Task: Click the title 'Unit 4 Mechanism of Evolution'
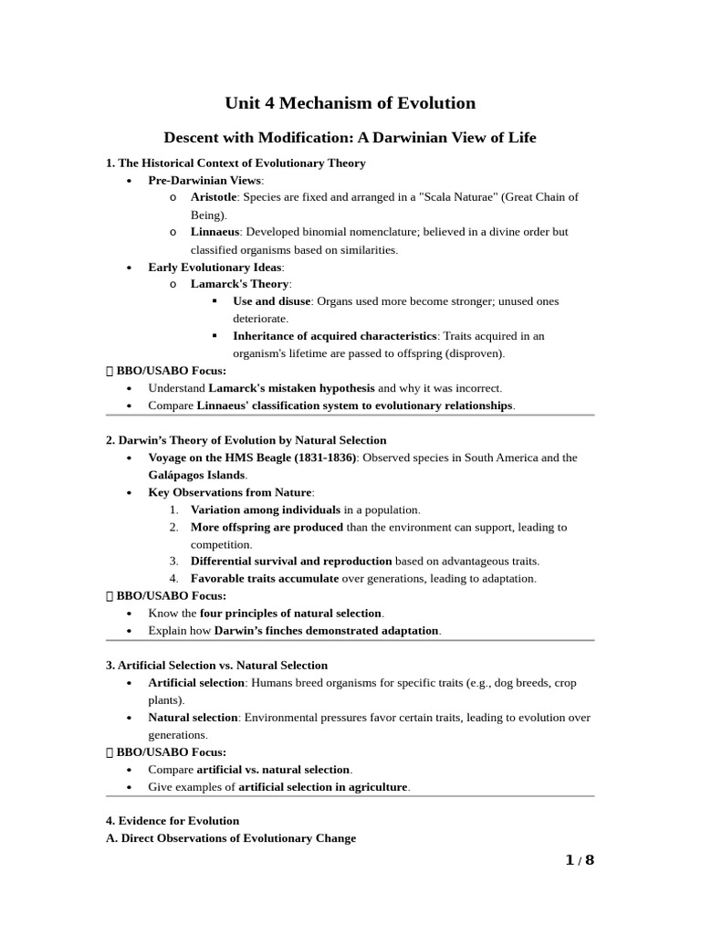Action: pos(350,103)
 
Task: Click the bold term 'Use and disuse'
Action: pos(272,301)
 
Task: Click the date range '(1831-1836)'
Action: pos(325,457)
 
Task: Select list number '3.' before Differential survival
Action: pos(173,561)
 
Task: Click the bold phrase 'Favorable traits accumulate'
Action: pos(264,578)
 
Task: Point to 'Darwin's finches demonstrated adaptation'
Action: pos(327,631)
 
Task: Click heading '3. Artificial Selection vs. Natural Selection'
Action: pos(217,666)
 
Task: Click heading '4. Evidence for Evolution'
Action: pos(173,821)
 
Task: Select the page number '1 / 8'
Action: pos(579,860)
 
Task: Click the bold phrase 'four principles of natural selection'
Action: pos(291,613)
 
